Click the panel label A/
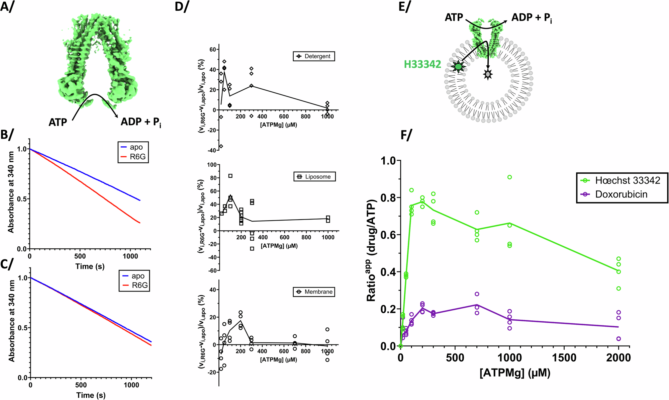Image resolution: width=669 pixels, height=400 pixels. coord(7,7)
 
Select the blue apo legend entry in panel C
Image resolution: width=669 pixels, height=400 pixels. coord(134,276)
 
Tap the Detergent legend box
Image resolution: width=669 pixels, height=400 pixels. coord(313,56)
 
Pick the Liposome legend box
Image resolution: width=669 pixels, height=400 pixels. coord(314,176)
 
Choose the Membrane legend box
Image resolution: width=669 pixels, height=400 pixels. coord(314,292)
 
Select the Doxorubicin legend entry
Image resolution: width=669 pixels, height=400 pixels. coord(615,194)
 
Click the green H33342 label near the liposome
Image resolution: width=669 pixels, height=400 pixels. coord(422,64)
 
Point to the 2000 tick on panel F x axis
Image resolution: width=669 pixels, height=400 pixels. coord(618,358)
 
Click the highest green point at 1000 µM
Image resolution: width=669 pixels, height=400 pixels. coord(509,177)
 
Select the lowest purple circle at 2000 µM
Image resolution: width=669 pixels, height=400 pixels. coord(618,339)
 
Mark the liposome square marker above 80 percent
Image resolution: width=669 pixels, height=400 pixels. coord(230,176)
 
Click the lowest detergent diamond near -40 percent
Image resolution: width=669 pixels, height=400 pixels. coord(221,146)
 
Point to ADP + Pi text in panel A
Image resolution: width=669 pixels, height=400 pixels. coord(141,122)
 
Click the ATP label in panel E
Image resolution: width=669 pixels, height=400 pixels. coord(454,17)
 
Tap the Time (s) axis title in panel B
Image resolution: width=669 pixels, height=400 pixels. coord(90,266)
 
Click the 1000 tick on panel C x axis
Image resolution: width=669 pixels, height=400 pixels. coord(131,385)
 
